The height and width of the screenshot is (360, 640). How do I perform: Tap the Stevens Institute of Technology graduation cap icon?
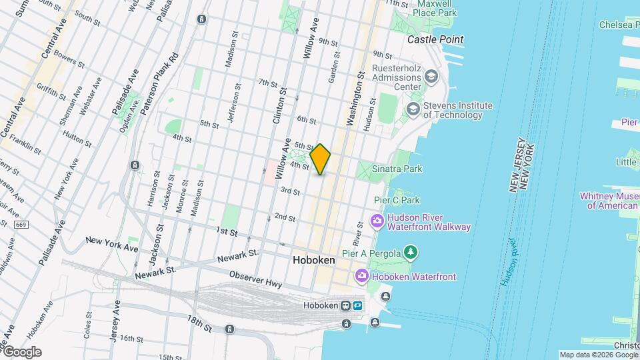pos(413,109)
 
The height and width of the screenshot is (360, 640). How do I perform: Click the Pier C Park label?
pos(397,200)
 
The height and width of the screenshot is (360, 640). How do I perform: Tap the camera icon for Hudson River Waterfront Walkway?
pos(377,221)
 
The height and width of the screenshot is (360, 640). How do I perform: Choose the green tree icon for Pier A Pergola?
pos(412,252)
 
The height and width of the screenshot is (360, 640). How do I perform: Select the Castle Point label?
pos(435,40)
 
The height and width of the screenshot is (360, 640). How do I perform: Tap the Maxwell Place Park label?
pos(434,8)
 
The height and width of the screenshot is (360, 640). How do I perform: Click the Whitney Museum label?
pos(609,201)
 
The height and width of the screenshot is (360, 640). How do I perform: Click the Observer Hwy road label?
pos(253,276)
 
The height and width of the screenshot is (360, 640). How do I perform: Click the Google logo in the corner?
pos(22,352)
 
